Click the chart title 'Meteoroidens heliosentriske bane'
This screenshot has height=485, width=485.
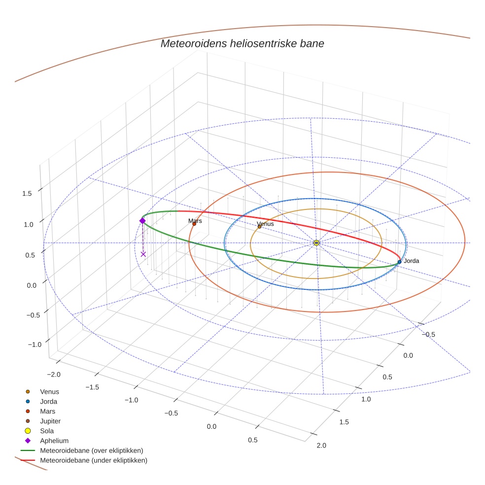tap(242, 43)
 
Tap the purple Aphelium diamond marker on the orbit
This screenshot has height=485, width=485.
tap(142, 221)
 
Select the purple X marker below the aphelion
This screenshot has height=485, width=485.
tap(143, 254)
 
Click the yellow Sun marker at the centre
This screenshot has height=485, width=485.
tap(316, 243)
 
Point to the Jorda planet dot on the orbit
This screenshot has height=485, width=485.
tap(399, 262)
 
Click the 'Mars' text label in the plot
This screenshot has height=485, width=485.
tap(195, 221)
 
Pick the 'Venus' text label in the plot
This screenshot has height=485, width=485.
tap(266, 224)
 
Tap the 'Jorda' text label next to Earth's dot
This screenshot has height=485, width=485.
tap(412, 261)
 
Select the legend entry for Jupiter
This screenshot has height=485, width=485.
tap(50, 421)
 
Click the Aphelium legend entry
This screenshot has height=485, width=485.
tap(54, 441)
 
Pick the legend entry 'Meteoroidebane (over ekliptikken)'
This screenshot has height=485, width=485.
tap(91, 450)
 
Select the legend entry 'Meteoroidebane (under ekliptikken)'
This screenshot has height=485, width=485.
tap(93, 460)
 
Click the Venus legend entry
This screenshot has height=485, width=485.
tap(49, 391)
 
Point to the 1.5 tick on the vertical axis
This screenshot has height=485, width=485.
tap(27, 194)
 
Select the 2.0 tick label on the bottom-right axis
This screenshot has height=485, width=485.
tap(321, 446)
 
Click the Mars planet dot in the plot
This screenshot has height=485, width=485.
tap(194, 224)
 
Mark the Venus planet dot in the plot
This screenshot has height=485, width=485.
tap(259, 227)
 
